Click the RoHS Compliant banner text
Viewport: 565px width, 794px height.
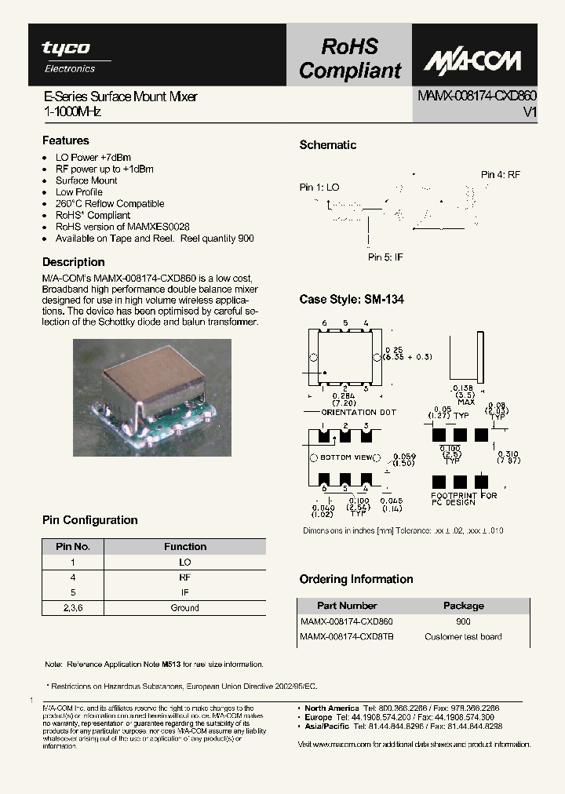pyautogui.click(x=349, y=59)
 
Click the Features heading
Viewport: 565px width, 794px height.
pyautogui.click(x=65, y=140)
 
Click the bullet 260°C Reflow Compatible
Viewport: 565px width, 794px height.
pyautogui.click(x=109, y=203)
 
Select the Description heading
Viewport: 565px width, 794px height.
pyautogui.click(x=73, y=262)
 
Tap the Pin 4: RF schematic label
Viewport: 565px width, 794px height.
pyautogui.click(x=501, y=175)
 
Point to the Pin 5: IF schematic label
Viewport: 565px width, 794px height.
pyautogui.click(x=386, y=257)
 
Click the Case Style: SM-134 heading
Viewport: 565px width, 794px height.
pyautogui.click(x=352, y=300)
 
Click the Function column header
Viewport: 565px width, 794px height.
pyautogui.click(x=185, y=547)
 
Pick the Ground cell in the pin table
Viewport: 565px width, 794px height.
pyautogui.click(x=185, y=607)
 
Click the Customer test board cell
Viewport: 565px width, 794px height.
pyautogui.click(x=463, y=636)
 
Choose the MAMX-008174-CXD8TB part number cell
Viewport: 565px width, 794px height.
pyautogui.click(x=347, y=636)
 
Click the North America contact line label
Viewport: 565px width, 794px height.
pyautogui.click(x=331, y=708)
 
